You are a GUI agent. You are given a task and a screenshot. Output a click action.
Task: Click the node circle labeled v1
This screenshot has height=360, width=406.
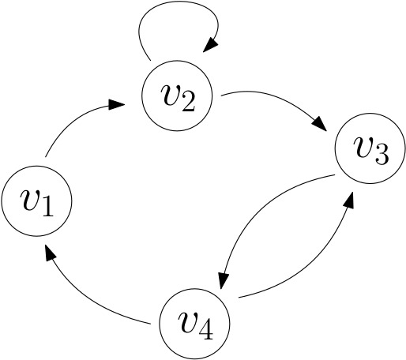[x=37, y=201]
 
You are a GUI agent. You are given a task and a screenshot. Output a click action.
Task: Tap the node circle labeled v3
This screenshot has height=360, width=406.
[x=370, y=151]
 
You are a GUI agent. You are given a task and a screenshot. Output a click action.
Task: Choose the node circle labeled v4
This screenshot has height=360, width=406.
[x=194, y=322]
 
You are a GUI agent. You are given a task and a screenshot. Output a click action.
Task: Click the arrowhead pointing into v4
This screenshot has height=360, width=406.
[x=222, y=282]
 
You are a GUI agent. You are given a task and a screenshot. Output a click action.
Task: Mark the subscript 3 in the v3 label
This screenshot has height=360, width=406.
[x=382, y=156]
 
